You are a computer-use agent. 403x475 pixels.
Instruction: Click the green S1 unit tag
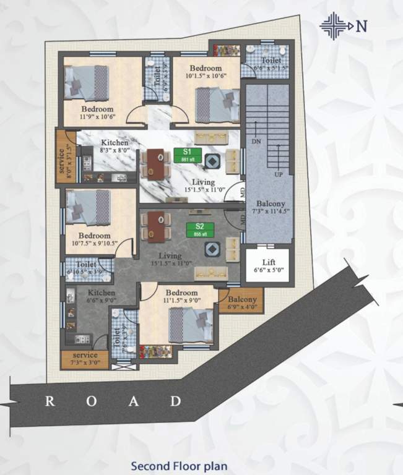(185, 155)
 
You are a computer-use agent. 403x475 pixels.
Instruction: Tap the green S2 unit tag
(200, 229)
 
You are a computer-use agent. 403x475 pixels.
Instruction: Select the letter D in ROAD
(176, 401)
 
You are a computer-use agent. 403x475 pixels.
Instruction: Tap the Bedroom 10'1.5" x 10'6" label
(206, 72)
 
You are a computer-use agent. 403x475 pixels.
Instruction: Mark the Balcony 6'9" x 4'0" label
(241, 302)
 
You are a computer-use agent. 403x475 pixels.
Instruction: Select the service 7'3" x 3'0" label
(85, 359)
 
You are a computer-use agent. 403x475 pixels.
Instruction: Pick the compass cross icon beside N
(334, 26)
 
